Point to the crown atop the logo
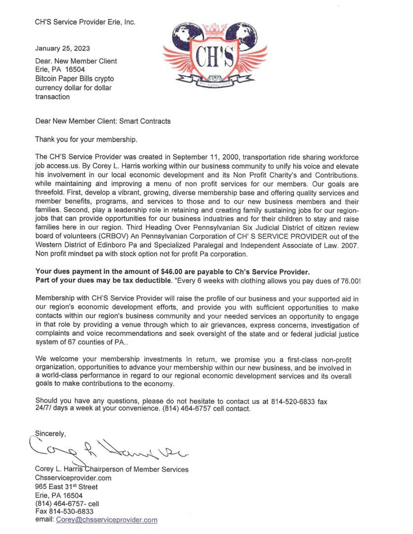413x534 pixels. tap(215, 27)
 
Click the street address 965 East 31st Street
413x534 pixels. tap(66, 487)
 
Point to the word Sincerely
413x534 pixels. tap(50, 434)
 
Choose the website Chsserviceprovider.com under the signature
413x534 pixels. tap(73, 478)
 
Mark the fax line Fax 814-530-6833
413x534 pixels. tap(64, 511)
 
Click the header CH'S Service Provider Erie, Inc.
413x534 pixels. tap(85, 22)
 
